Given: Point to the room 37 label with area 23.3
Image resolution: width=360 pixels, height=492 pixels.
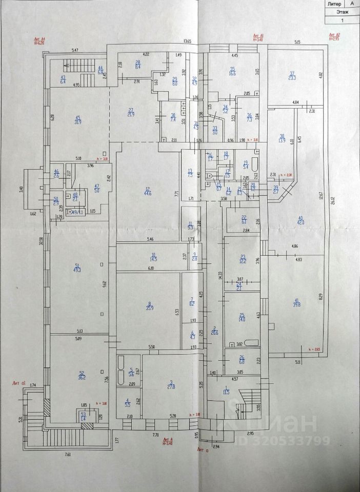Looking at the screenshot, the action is [293, 75].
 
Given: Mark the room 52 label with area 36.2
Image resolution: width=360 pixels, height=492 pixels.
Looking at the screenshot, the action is [81, 375].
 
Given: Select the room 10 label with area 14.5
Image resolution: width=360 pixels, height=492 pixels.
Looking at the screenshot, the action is [153, 258].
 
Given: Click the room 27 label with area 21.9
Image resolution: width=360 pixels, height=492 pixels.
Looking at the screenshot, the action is [131, 112].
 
